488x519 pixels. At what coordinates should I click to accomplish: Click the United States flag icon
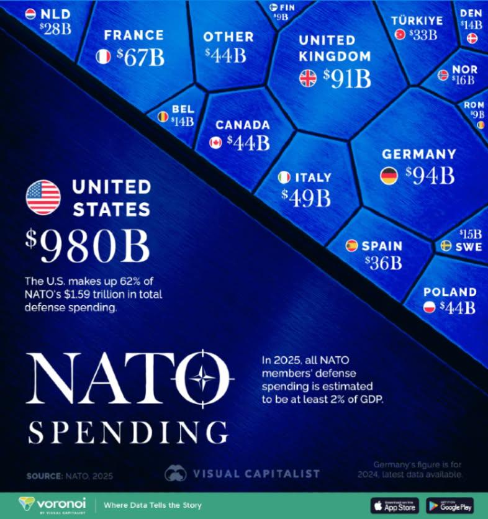[43, 197]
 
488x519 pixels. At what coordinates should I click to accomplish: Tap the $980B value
[88, 247]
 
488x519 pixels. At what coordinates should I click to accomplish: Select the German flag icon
[389, 176]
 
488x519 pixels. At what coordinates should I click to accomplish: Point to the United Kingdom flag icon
[308, 78]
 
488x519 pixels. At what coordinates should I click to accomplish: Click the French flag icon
[103, 57]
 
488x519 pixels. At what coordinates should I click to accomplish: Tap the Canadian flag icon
[215, 143]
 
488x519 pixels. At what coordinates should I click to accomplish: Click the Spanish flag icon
[351, 246]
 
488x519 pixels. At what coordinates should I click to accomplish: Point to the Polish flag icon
[429, 307]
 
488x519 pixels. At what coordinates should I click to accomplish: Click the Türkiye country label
[417, 20]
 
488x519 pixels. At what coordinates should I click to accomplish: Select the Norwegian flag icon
[443, 75]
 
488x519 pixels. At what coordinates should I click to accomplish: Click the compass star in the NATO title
[202, 377]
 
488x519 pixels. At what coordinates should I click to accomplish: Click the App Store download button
[394, 504]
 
